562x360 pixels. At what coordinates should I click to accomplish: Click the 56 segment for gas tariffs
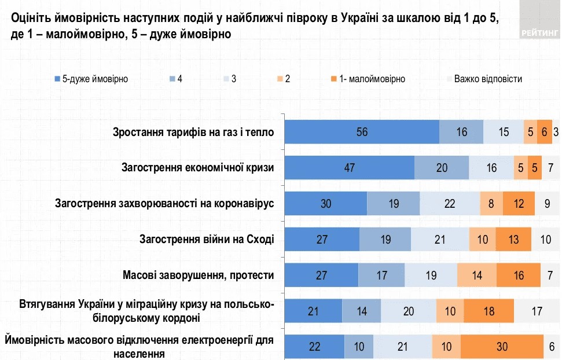362,132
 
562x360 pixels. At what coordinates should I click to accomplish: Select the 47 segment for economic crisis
350,168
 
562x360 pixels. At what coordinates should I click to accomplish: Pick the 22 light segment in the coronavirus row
450,204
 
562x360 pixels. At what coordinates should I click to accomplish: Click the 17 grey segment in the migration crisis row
537,311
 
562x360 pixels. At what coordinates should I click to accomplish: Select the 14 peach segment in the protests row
477,275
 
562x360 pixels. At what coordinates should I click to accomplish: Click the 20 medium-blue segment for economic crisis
442,168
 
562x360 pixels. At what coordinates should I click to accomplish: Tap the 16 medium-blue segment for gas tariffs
461,132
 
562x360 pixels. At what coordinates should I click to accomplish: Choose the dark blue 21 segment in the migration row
314,311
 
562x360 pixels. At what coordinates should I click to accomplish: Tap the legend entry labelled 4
177,79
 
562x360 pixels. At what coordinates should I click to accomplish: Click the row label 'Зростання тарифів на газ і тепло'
193,133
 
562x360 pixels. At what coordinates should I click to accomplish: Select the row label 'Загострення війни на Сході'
207,239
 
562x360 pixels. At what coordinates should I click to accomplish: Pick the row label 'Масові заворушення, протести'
198,275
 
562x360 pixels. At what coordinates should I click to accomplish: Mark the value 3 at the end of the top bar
556,132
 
